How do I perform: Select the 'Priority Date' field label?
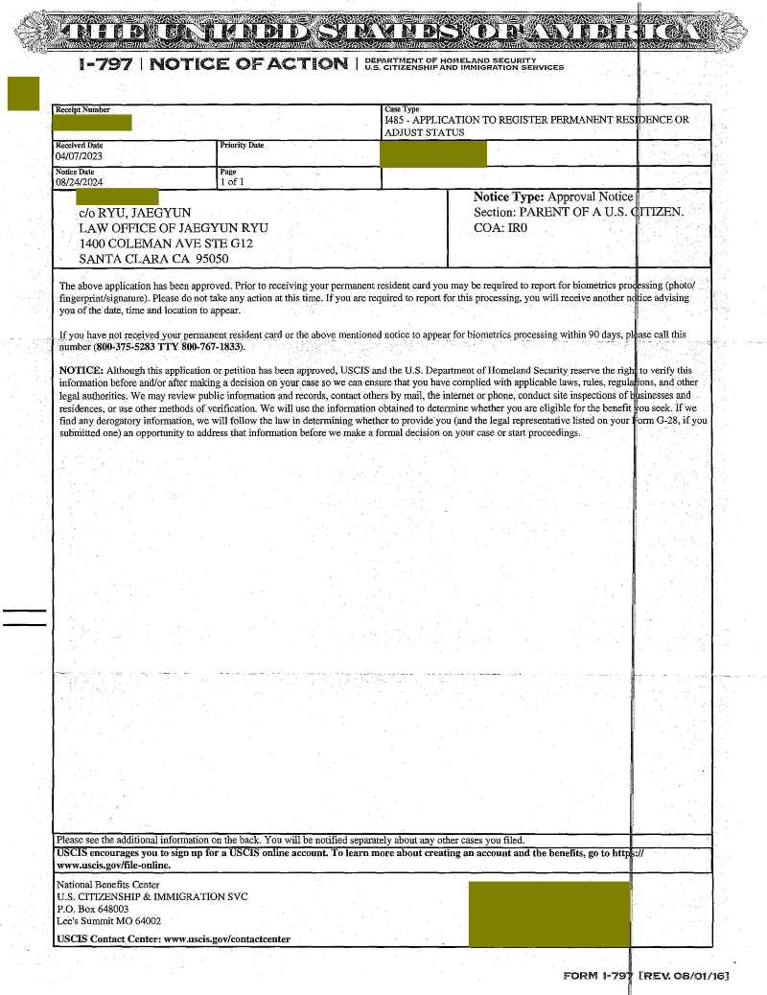coord(242,145)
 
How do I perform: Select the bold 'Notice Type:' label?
coord(508,196)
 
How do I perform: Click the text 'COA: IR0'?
coord(500,227)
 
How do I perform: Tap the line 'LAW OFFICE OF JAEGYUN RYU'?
coord(174,227)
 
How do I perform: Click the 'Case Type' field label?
coord(402,110)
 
